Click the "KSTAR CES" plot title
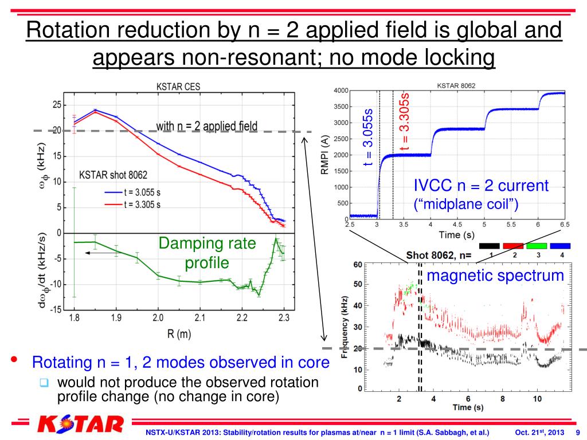pos(178,88)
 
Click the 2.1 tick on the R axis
pos(199,317)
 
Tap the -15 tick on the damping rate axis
pos(56,310)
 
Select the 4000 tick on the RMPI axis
pos(340,91)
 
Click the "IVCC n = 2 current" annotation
pos(481,186)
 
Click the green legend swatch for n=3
pos(538,246)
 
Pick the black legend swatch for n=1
pos(491,246)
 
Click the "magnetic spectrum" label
pos(495,276)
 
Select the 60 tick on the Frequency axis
pos(358,264)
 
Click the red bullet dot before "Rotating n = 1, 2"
pos(14,361)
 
